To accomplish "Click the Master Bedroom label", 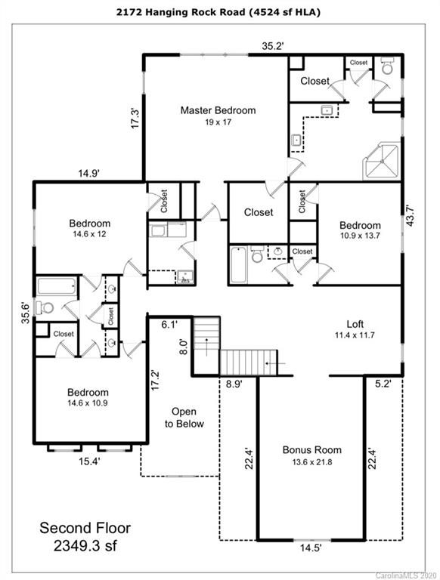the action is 218,110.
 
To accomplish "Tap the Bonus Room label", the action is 311,450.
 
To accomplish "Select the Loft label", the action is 355,324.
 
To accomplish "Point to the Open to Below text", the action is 184,418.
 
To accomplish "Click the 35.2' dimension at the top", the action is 273,46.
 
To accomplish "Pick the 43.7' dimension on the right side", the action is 409,216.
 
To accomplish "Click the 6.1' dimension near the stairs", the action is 169,325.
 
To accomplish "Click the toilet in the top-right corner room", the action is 387,66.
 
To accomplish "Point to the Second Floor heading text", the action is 85,528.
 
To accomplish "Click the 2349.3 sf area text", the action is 85,546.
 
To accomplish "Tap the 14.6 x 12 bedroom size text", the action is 90,234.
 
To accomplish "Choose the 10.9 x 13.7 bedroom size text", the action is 360,236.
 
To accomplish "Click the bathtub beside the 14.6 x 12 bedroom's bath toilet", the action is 57,286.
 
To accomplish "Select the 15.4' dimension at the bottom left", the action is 89,461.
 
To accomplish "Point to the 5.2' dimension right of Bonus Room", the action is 383,384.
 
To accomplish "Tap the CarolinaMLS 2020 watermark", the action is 406,576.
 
